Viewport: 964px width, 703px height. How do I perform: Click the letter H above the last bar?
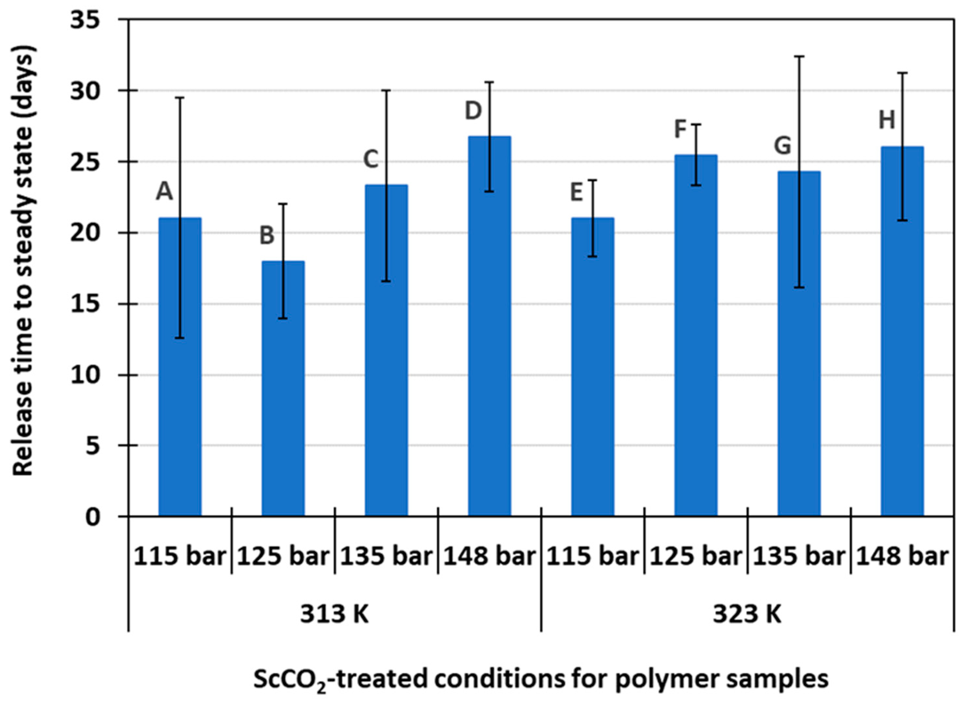click(x=887, y=121)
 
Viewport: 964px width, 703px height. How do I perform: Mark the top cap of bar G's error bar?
click(x=799, y=56)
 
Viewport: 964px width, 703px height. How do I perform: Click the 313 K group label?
click(x=334, y=614)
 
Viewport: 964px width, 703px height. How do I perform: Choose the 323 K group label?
click(x=747, y=614)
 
